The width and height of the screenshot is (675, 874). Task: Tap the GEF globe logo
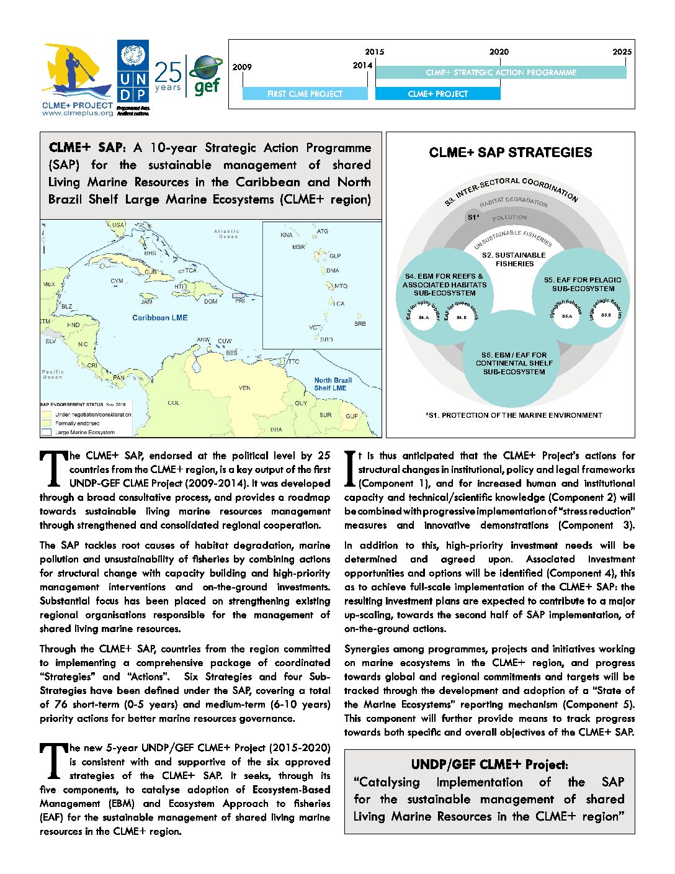point(207,75)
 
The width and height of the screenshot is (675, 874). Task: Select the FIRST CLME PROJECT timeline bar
point(305,94)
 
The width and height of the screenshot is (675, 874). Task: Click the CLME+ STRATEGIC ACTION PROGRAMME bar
point(501,73)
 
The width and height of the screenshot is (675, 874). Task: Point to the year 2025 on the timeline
point(622,52)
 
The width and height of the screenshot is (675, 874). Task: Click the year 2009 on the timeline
point(242,67)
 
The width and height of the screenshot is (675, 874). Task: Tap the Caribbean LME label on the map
point(159,318)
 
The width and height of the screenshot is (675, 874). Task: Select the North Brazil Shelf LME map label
point(333,384)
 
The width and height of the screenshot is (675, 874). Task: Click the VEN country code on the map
point(244,388)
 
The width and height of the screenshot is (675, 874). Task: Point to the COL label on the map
point(174,403)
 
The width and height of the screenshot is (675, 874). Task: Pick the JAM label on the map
point(146,302)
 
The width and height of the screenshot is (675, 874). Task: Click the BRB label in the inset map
point(360,324)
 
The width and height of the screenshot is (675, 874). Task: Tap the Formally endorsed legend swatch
point(46,423)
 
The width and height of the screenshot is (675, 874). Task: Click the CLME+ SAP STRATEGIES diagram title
point(510,153)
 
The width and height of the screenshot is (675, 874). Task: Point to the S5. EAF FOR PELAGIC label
point(583,284)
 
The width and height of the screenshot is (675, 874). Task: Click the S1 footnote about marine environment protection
point(514,415)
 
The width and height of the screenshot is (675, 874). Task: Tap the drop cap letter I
point(350,470)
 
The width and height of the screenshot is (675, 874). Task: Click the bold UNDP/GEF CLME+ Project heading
point(489,765)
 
